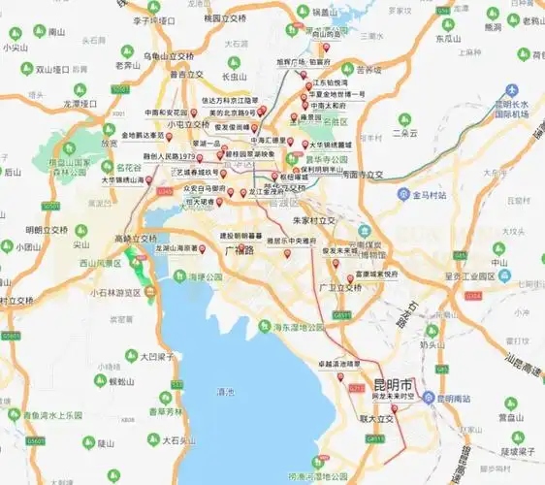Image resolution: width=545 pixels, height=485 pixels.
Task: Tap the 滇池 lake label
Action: point(225,392)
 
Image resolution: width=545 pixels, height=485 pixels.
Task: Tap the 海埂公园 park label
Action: point(206,276)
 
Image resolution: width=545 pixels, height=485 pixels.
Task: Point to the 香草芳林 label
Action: point(166,411)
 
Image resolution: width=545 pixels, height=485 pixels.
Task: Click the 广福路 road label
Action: point(239,250)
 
